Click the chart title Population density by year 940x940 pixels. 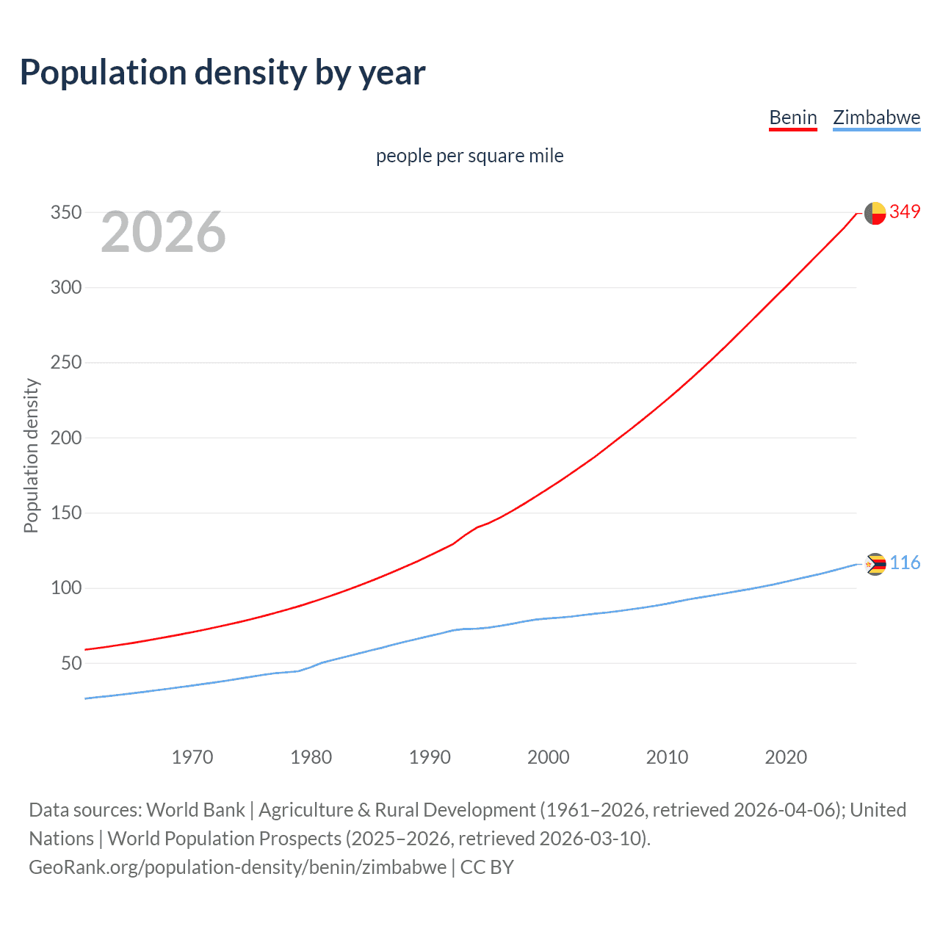coord(223,73)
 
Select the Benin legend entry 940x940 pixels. coord(792,117)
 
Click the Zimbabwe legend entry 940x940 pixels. coord(876,117)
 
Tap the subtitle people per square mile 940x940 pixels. coord(469,156)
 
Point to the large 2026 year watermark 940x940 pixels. coord(163,232)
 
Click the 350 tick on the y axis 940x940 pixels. coord(65,213)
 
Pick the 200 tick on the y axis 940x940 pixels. coord(65,438)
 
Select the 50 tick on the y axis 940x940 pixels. coord(71,663)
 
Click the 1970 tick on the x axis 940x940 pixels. coord(192,757)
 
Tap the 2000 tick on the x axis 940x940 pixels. coord(548,757)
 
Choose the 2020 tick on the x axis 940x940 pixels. coord(786,757)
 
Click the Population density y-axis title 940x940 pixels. coord(31,455)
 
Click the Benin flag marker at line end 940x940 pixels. coord(875,213)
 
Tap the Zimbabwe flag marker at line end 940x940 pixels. coord(875,564)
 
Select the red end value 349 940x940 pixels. coord(905,211)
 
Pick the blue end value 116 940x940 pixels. coord(905,563)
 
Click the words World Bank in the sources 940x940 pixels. coord(195,810)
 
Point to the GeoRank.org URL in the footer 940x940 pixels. coord(237,867)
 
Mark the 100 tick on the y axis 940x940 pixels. coord(65,588)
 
